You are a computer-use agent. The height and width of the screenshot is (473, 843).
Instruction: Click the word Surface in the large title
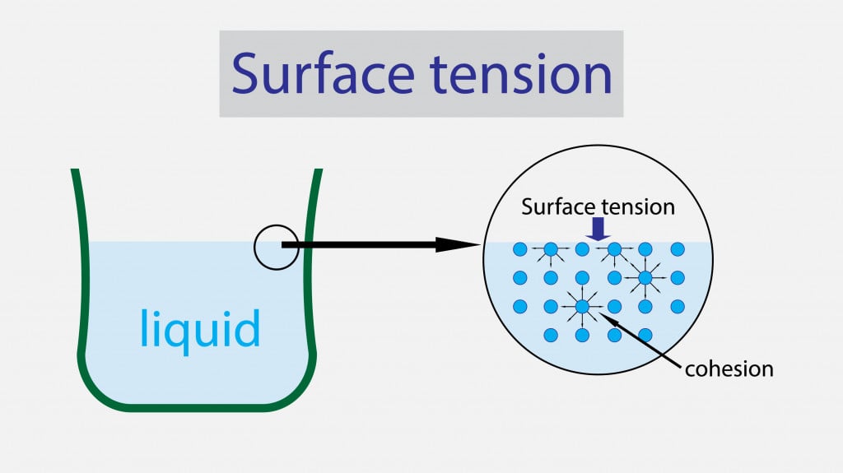316,74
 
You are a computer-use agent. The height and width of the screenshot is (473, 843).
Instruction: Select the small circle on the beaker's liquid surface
276,245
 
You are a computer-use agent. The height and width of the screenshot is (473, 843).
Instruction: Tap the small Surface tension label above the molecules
598,206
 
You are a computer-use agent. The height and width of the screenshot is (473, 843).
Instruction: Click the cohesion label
729,368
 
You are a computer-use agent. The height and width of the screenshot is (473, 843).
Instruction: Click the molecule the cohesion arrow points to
582,307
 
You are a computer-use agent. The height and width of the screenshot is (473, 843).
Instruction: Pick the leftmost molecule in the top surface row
519,248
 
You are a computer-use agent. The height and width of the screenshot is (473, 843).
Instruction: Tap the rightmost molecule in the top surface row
678,248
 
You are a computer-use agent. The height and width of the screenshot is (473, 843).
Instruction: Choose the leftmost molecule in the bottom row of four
551,336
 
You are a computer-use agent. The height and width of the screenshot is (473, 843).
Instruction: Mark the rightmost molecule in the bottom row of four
645,336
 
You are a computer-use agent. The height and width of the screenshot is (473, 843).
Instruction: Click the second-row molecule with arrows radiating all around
645,278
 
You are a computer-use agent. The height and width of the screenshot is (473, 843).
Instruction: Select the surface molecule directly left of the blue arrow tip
582,248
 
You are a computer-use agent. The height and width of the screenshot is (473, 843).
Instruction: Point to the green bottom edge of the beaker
198,405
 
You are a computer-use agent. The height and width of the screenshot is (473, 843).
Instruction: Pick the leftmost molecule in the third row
519,307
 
